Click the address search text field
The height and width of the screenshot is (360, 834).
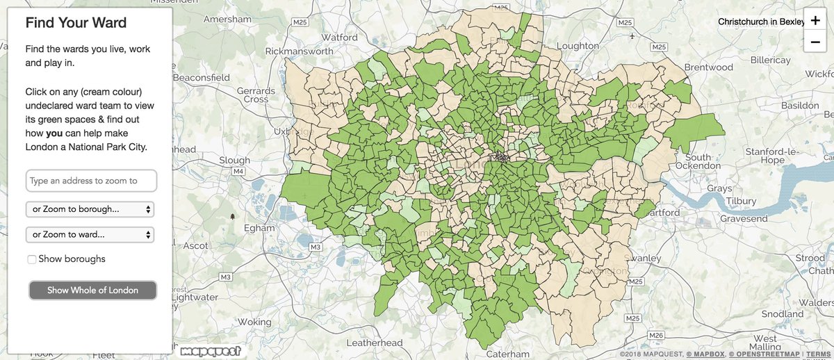click(x=91, y=181)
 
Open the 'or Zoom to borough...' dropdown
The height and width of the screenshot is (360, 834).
click(x=90, y=209)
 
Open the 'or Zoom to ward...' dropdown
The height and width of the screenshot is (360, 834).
click(x=90, y=235)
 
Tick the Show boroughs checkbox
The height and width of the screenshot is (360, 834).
click(x=32, y=259)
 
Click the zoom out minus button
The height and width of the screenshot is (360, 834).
click(x=814, y=42)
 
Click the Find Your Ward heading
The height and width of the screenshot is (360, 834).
click(x=76, y=23)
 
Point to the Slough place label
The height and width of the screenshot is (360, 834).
click(x=234, y=160)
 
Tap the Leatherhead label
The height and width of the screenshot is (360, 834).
click(x=374, y=343)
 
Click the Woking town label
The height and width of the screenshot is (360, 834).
click(x=254, y=322)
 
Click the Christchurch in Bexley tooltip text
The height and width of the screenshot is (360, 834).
click(x=760, y=22)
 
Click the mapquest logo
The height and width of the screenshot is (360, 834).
click(x=211, y=351)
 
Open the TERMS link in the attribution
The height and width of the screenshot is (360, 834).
click(x=819, y=355)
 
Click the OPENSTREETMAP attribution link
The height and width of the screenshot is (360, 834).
click(x=764, y=355)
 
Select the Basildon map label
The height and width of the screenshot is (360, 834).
click(x=800, y=105)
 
